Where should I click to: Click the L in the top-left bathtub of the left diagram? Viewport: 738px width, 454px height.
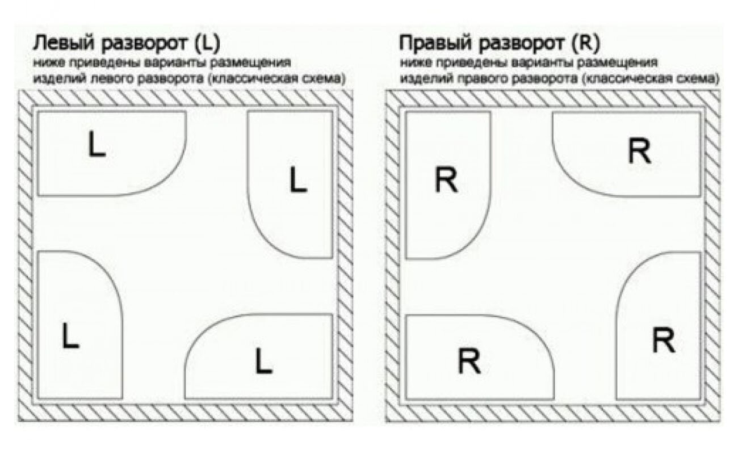click(97, 145)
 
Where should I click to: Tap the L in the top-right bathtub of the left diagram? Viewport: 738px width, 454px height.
click(297, 180)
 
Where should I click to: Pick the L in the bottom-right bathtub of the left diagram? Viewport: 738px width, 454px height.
click(263, 361)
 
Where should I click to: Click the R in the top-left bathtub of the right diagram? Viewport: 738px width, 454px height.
click(446, 181)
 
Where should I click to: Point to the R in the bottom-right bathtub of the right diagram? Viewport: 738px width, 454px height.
click(662, 340)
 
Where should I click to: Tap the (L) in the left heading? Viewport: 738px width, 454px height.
click(206, 43)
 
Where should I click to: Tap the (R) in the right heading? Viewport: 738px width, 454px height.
click(586, 43)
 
